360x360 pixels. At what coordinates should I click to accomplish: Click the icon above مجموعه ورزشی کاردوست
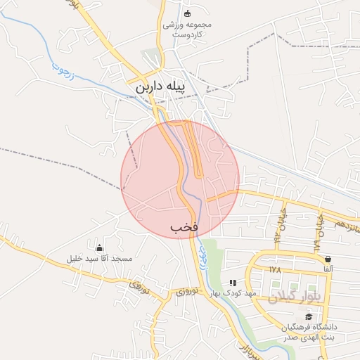[x=187, y=13]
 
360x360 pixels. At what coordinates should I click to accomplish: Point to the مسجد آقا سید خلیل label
[x=99, y=258]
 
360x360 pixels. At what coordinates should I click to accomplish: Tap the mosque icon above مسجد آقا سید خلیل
[x=99, y=247]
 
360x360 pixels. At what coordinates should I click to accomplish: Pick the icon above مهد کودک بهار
[x=233, y=282]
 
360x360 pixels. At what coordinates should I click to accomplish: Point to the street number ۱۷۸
[x=274, y=269]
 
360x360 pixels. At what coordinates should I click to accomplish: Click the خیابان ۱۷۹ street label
[x=318, y=231]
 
